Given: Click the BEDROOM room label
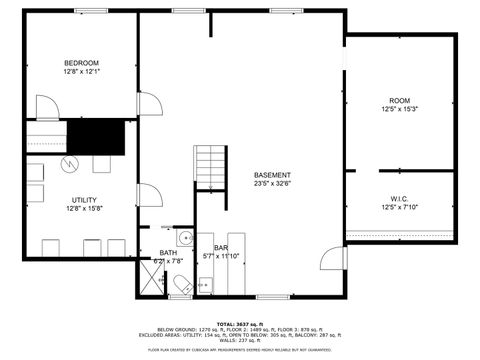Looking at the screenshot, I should [x=82, y=63].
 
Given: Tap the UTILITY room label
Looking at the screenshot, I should [x=84, y=199].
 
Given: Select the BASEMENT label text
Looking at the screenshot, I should [x=272, y=175].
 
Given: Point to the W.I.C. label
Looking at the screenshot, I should [x=400, y=198].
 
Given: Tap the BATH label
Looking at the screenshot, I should [x=168, y=253].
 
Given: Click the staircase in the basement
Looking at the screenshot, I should [x=211, y=165].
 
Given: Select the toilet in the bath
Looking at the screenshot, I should [x=182, y=287].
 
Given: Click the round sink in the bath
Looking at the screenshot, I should [x=184, y=238].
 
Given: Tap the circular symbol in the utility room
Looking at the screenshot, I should [x=70, y=162].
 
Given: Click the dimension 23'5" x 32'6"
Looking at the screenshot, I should [x=272, y=184].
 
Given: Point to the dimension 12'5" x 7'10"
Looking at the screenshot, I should [x=400, y=207].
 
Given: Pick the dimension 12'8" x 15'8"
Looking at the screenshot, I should [x=84, y=208].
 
